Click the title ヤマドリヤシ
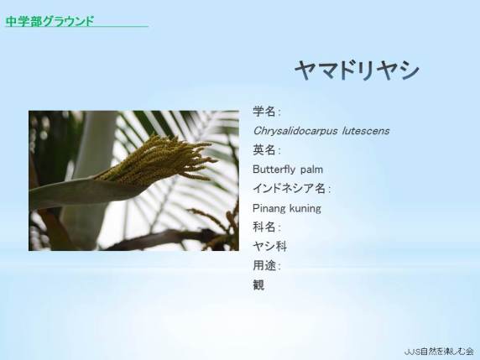[x=357, y=70]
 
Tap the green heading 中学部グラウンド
[x=50, y=21]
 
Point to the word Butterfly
[x=274, y=170]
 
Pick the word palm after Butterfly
[x=311, y=170]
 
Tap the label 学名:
[x=267, y=112]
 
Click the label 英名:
[x=267, y=150]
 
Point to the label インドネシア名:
[x=292, y=189]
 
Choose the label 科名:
[x=267, y=227]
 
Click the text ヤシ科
[x=269, y=247]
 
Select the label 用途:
[x=267, y=266]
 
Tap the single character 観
[x=258, y=285]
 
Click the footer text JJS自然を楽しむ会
[x=439, y=352]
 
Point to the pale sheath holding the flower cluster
[x=82, y=192]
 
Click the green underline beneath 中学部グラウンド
[x=77, y=27]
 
